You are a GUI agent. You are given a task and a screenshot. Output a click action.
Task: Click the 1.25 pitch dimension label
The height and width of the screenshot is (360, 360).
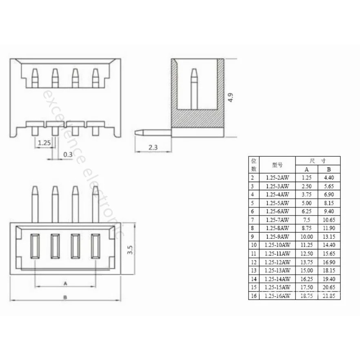click(x=44, y=143)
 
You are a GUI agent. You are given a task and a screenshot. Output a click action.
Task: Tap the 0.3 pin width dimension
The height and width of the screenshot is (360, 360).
click(x=68, y=155)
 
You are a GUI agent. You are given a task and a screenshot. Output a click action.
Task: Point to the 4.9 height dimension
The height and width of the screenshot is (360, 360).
click(x=231, y=97)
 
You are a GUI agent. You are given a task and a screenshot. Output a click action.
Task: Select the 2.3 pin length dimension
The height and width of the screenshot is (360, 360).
click(x=153, y=147)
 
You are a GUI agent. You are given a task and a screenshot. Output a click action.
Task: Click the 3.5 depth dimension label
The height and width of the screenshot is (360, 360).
click(x=130, y=250)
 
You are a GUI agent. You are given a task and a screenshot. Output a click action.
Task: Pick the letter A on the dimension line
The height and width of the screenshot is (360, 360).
click(x=65, y=284)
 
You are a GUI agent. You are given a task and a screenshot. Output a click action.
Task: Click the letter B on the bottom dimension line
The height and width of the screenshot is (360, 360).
click(x=65, y=297)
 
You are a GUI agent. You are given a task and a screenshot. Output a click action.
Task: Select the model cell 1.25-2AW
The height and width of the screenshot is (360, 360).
click(x=278, y=178)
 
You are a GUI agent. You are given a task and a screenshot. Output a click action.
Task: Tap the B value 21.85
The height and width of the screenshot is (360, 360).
click(x=329, y=296)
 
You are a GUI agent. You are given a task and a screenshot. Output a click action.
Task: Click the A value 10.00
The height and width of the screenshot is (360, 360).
click(x=307, y=236)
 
